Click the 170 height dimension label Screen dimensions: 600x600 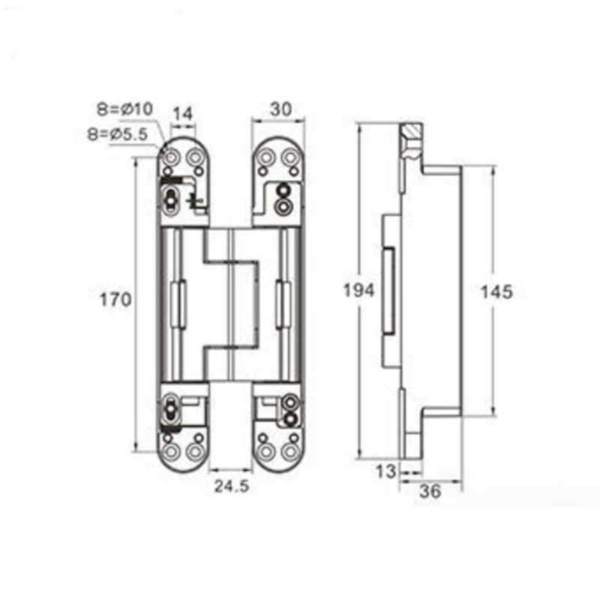[x=115, y=300]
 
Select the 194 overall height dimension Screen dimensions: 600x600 [x=358, y=290]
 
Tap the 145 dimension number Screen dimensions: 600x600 [x=496, y=292]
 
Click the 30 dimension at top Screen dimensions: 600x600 [x=279, y=108]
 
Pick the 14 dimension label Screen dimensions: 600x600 [x=183, y=114]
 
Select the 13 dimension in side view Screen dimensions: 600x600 [x=385, y=472]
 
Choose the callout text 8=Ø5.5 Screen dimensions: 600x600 [x=119, y=135]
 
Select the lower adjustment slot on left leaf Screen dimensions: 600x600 [x=172, y=410]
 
